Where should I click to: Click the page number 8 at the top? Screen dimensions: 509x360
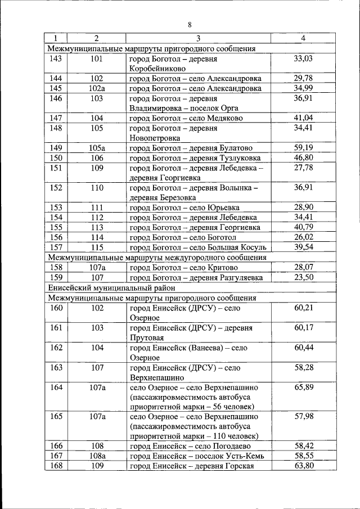coord(190,24)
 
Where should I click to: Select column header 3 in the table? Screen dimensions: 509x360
coord(198,38)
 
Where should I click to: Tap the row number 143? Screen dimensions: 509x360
coord(56,58)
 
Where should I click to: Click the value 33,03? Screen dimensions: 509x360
coord(303,58)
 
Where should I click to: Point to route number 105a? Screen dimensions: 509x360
coord(97,148)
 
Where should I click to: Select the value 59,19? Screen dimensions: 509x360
coord(303,148)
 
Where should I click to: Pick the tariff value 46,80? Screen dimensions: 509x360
coord(303,158)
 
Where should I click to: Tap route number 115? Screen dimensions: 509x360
coord(97,247)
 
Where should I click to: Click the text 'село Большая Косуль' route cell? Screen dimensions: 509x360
coord(229,247)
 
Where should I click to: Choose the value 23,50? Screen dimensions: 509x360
coord(303,277)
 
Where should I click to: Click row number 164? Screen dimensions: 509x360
coord(56,387)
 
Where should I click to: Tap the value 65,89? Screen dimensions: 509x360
coord(303,387)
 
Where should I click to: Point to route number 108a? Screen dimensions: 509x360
coord(97,456)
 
